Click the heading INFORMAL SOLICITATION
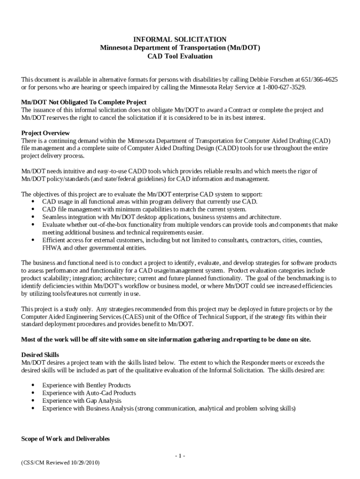point(180,39)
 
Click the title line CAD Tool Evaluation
point(180,56)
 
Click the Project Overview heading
point(45,133)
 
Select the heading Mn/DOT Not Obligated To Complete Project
point(84,102)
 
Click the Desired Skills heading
point(40,355)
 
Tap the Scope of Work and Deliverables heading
point(65,439)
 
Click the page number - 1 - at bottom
point(180,456)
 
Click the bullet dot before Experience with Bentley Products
point(33,385)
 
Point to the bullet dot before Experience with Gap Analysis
point(33,401)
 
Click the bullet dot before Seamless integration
point(33,217)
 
